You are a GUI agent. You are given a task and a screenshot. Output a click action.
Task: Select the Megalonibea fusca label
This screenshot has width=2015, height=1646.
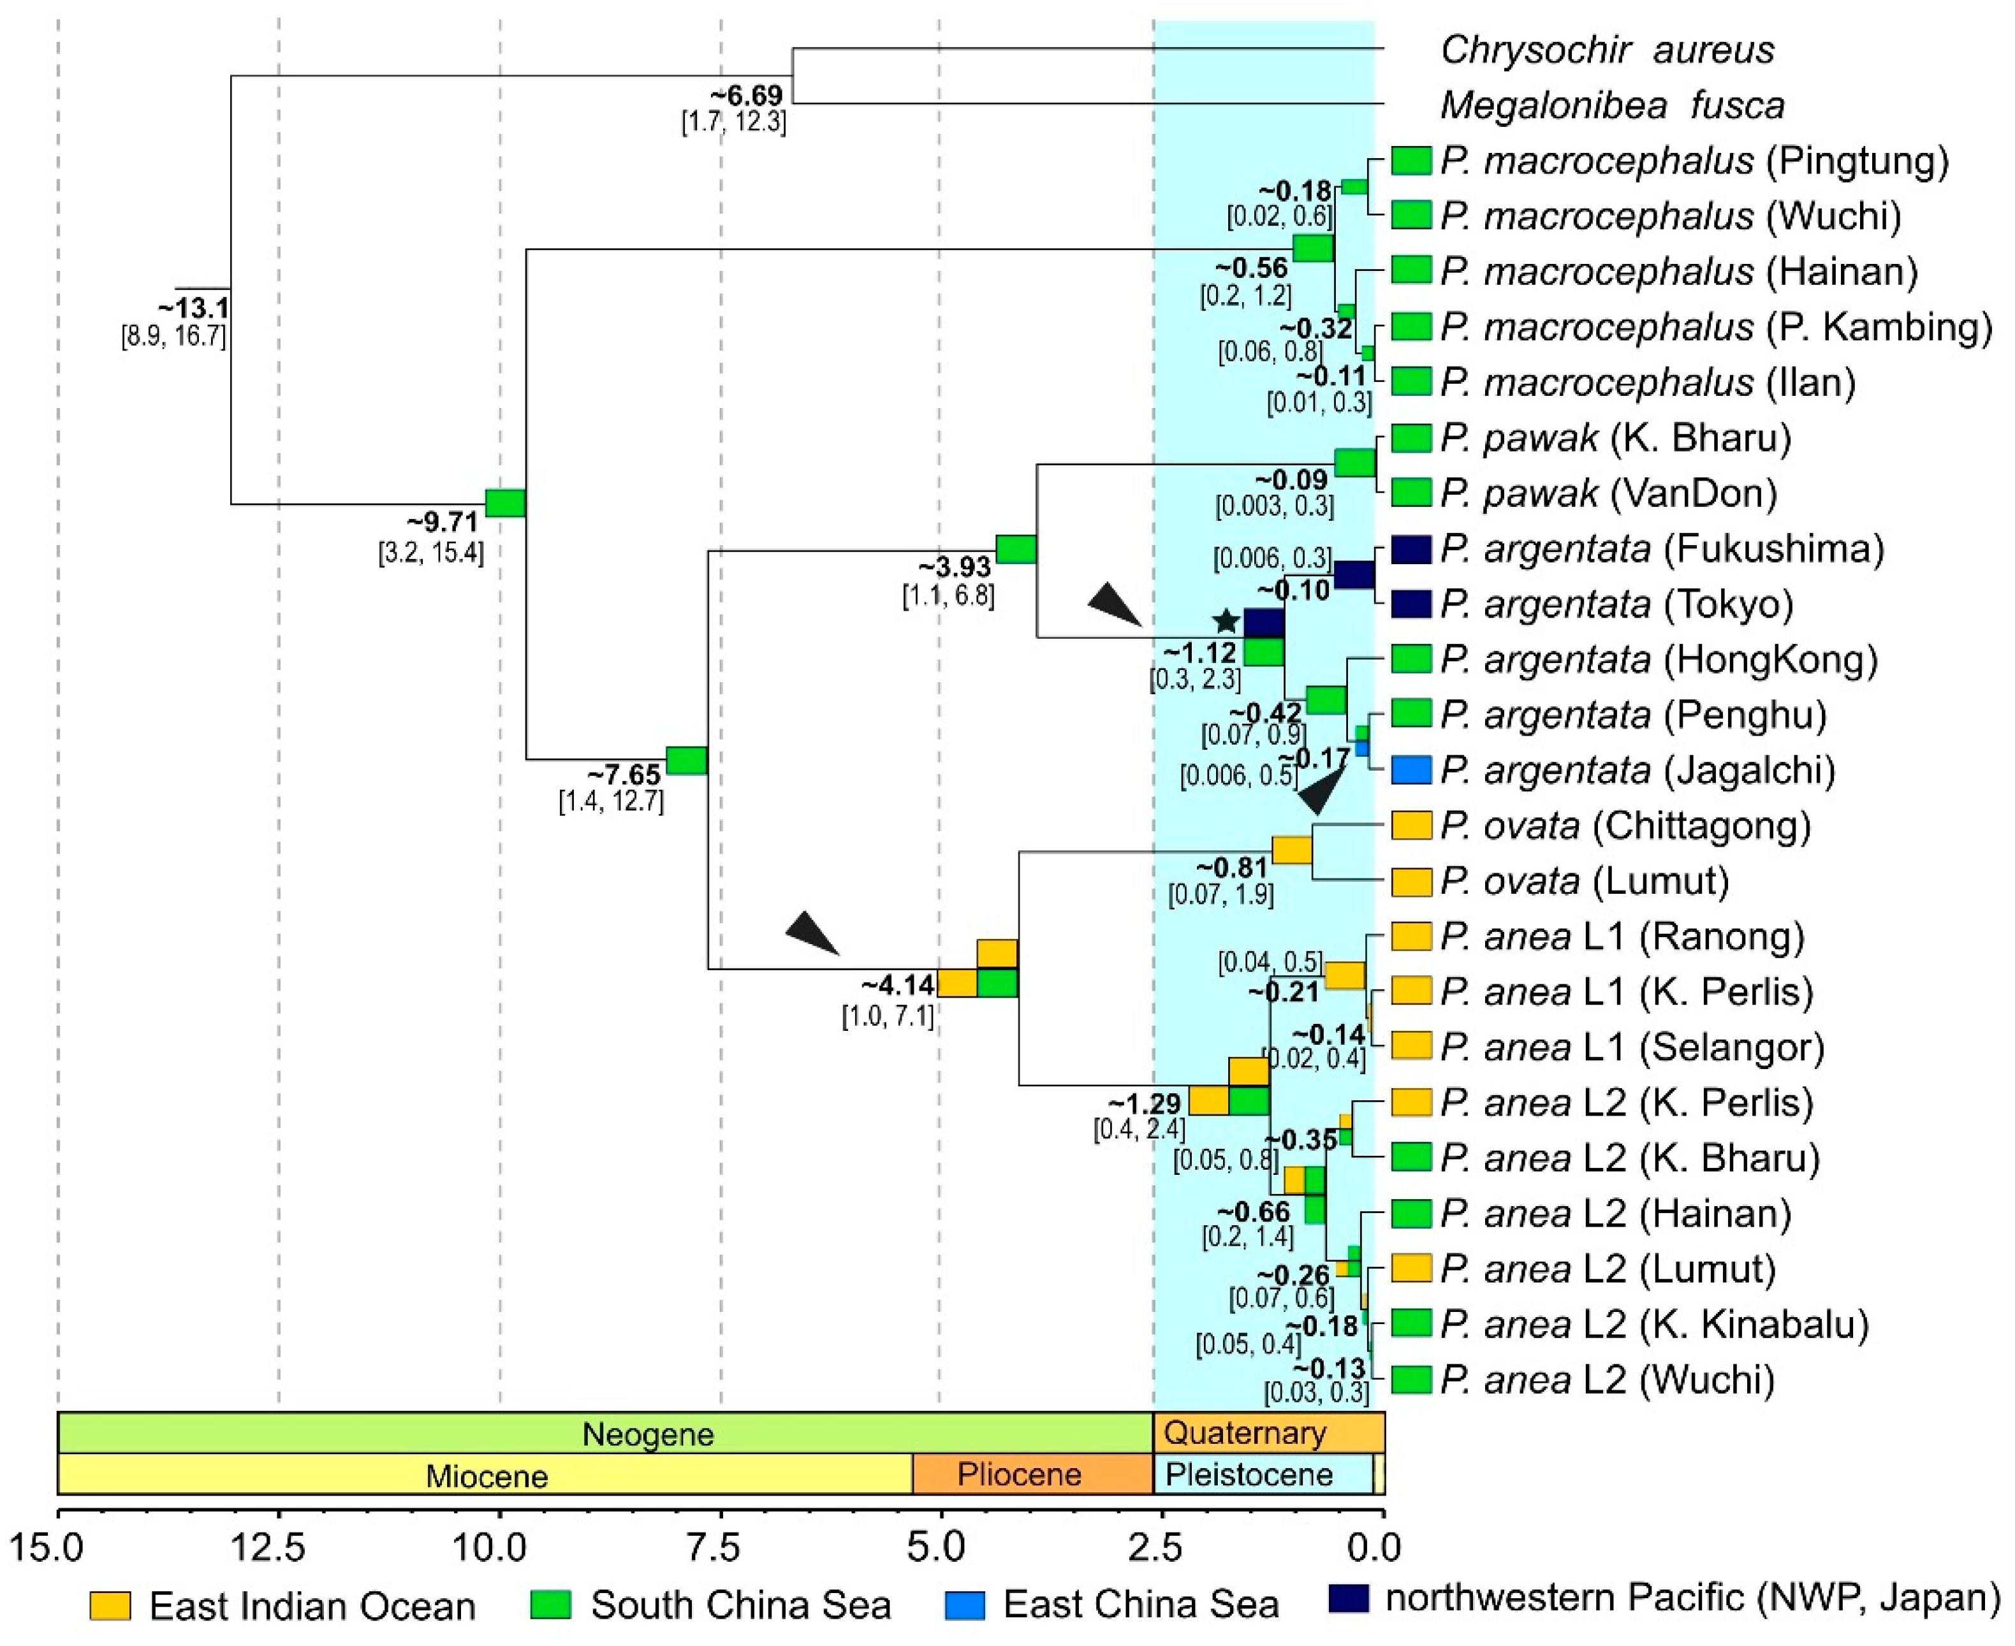[1612, 105]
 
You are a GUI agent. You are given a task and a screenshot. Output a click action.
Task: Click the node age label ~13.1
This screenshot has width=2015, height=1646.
[193, 309]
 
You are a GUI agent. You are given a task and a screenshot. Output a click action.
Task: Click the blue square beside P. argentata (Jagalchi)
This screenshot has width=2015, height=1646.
[1410, 770]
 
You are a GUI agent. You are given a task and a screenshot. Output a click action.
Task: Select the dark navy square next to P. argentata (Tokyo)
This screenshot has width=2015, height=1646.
[1410, 604]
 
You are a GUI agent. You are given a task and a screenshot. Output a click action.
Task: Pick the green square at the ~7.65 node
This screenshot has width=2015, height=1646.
[687, 761]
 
